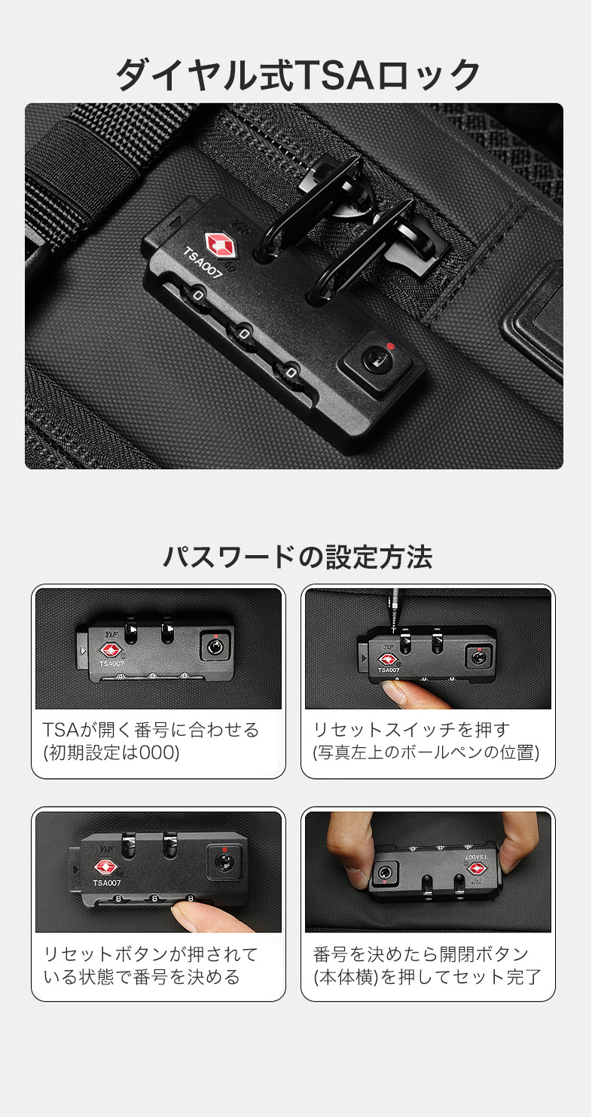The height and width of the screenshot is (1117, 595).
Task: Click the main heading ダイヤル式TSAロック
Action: click(297, 75)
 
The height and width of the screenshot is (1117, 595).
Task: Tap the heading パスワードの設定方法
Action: click(297, 557)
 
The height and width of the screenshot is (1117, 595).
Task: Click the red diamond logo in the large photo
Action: click(220, 246)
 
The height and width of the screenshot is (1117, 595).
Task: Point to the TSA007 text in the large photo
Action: click(202, 263)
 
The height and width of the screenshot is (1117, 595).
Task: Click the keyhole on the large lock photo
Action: click(374, 359)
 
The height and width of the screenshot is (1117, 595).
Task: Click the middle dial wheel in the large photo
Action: click(243, 333)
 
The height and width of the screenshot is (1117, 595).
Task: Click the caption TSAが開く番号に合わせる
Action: click(151, 730)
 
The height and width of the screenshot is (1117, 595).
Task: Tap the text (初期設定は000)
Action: click(111, 752)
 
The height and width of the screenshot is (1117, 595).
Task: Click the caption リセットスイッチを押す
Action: click(411, 730)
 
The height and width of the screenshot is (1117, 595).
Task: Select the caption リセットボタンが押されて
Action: click(151, 954)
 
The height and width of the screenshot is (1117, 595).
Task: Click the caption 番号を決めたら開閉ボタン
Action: click(420, 954)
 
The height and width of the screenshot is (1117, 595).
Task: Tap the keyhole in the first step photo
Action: click(215, 647)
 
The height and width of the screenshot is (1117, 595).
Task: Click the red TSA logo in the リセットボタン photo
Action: click(106, 867)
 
